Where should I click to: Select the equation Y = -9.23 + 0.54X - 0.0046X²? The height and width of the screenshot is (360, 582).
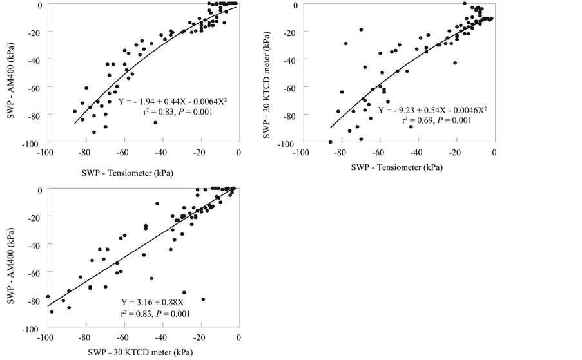click(x=432, y=110)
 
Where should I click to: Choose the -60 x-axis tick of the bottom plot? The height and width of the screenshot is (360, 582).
click(x=122, y=337)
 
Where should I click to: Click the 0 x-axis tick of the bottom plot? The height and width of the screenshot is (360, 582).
click(x=239, y=337)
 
